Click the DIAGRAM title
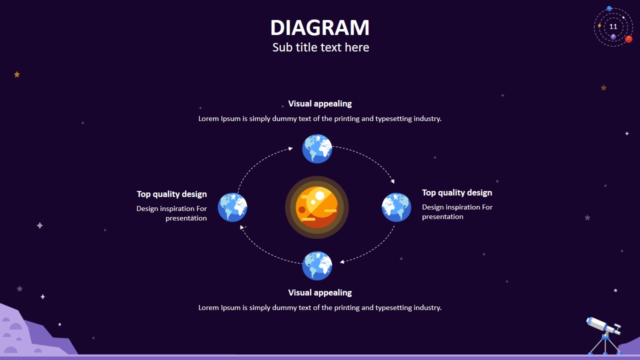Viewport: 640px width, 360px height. click(x=320, y=28)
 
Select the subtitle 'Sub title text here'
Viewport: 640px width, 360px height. click(x=320, y=47)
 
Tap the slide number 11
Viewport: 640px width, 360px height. click(x=613, y=27)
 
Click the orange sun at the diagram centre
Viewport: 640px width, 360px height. click(x=317, y=207)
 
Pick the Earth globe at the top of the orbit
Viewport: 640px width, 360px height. click(x=317, y=148)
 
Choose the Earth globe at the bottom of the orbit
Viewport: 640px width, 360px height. click(x=317, y=266)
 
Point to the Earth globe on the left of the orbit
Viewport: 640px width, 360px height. click(x=232, y=207)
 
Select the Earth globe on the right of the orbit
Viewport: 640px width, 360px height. click(x=396, y=207)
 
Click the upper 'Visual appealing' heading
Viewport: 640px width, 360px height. click(x=320, y=104)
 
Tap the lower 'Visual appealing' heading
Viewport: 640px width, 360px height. click(x=320, y=293)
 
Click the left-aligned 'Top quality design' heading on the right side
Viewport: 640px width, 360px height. click(x=457, y=193)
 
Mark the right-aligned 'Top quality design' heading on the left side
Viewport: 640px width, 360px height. click(x=171, y=194)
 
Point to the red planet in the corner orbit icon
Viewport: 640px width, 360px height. click(x=628, y=39)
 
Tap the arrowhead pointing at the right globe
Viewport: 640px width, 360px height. click(x=392, y=181)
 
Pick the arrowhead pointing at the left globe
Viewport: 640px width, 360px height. click(x=242, y=227)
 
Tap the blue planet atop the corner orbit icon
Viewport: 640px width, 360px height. click(x=609, y=9)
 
